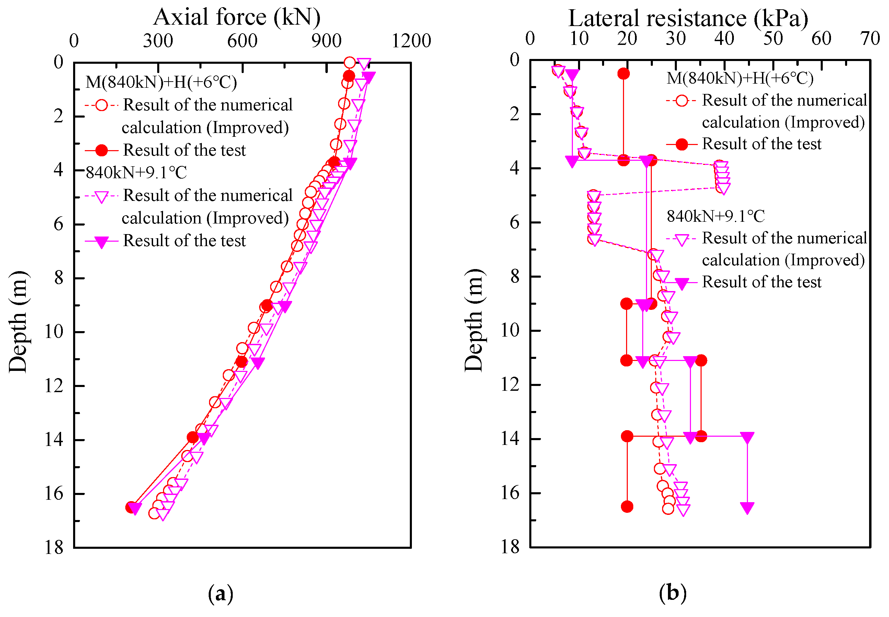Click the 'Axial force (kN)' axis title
tap(237, 17)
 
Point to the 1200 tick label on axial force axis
tap(411, 40)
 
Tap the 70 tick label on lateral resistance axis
tap(869, 39)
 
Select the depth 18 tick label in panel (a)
tap(54, 547)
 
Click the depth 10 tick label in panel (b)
tap(510, 330)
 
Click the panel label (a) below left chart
tap(220, 593)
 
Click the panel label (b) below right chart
tap(672, 592)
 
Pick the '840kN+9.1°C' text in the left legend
tap(136, 172)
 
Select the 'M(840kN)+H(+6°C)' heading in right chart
tap(739, 78)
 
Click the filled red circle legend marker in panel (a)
tap(101, 150)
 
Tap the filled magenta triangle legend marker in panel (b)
tap(681, 283)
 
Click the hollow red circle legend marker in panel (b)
tap(681, 101)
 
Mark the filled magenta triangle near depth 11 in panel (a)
tap(258, 363)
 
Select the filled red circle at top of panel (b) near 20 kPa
tap(623, 73)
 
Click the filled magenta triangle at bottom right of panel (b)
tap(747, 508)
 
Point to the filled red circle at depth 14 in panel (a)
tap(192, 437)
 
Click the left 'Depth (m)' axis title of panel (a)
tap(18, 322)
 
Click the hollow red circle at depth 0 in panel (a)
tap(349, 62)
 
